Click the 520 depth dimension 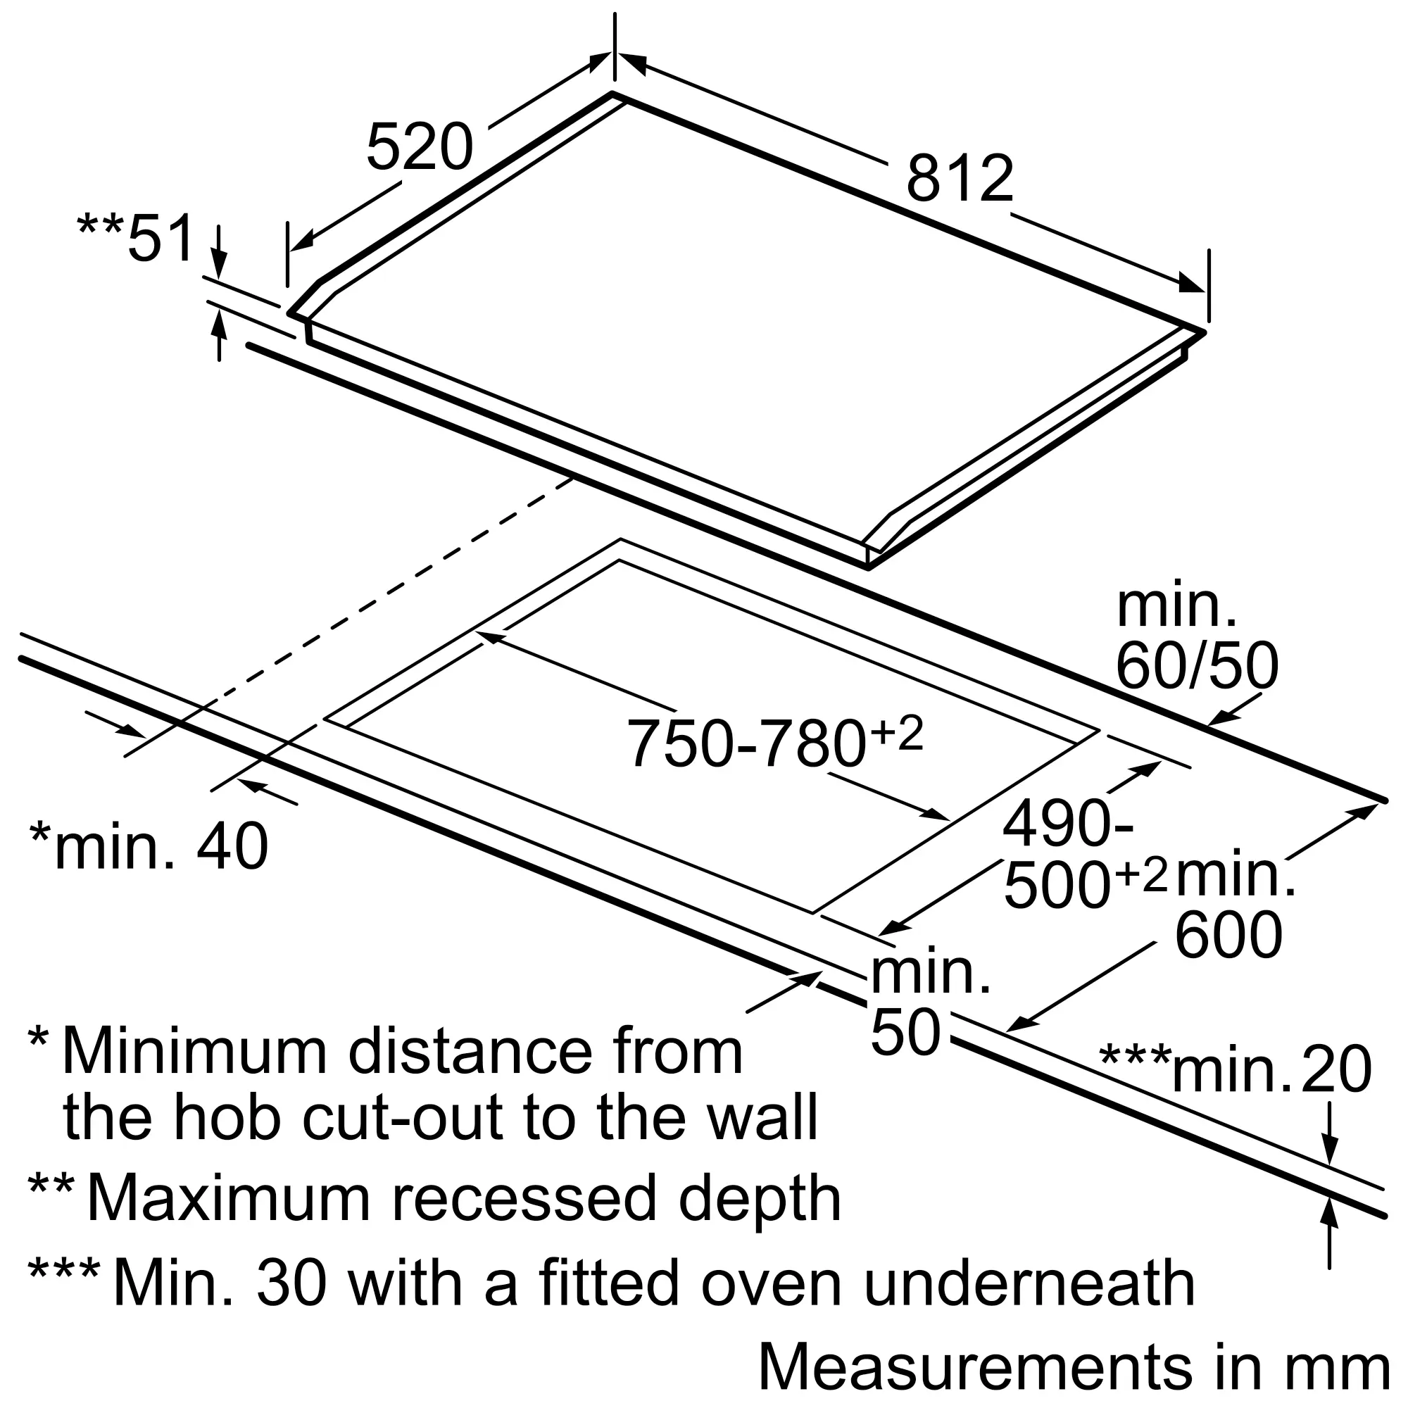coord(419,148)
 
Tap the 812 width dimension coord(959,179)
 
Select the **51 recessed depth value coord(137,237)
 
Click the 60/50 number coord(1197,666)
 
